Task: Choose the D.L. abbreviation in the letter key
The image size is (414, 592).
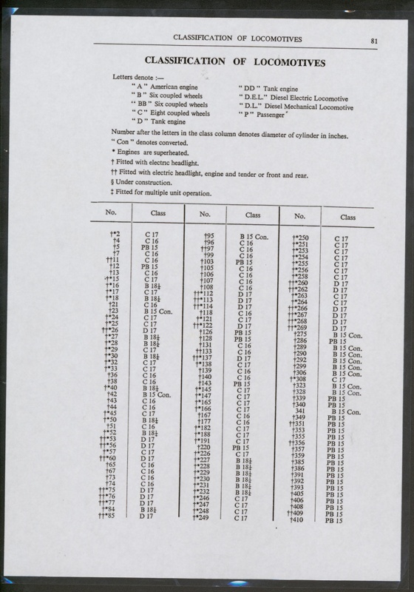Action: click(x=248, y=106)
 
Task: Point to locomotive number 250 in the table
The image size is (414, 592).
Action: click(x=301, y=237)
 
